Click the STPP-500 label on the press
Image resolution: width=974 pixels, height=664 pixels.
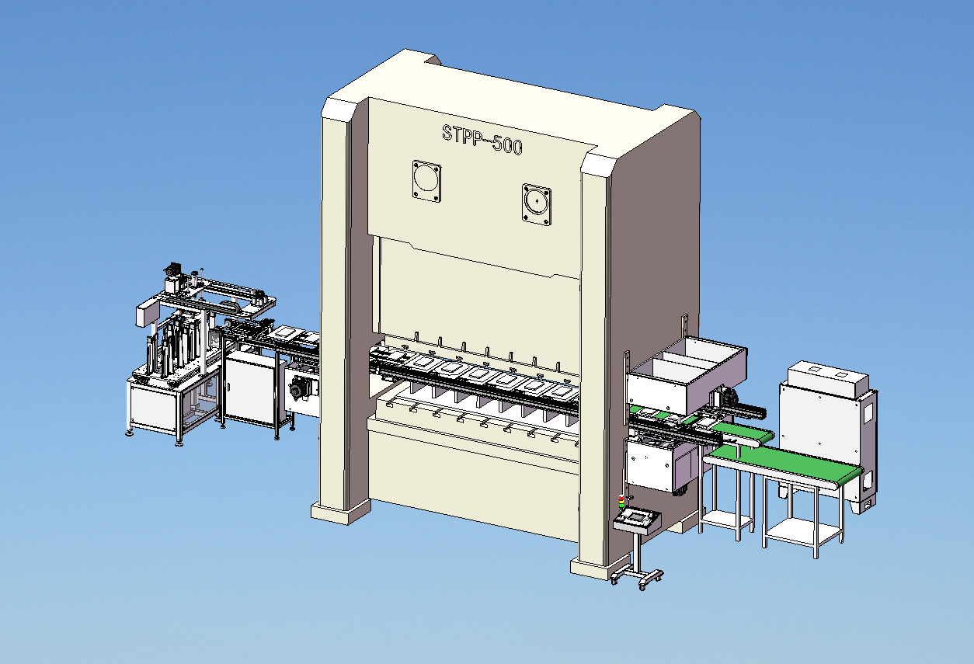point(482,139)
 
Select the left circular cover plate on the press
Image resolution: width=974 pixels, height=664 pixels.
point(426,181)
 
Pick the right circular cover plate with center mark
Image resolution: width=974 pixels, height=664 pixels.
point(537,204)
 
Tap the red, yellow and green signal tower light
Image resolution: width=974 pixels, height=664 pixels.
point(621,501)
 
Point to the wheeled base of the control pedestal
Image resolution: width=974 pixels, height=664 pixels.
point(637,576)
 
